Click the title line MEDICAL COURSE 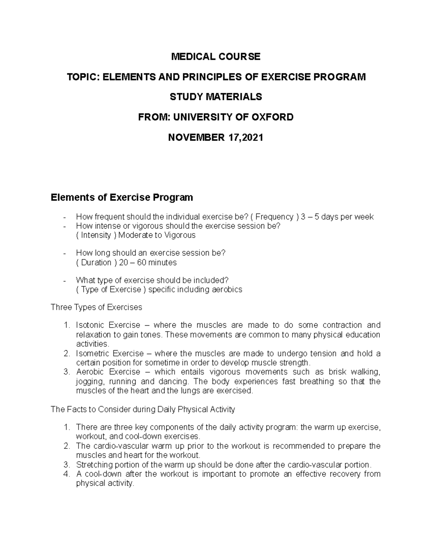(x=216, y=57)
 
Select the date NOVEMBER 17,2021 (x=216, y=137)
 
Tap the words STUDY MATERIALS (x=216, y=97)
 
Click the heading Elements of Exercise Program (x=122, y=197)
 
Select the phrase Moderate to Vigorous (x=157, y=235)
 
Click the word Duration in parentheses (x=96, y=262)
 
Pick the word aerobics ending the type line (x=227, y=289)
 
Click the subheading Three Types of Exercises (x=96, y=307)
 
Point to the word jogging (x=89, y=381)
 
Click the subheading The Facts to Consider (x=143, y=409)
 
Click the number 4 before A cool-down (x=66, y=474)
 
